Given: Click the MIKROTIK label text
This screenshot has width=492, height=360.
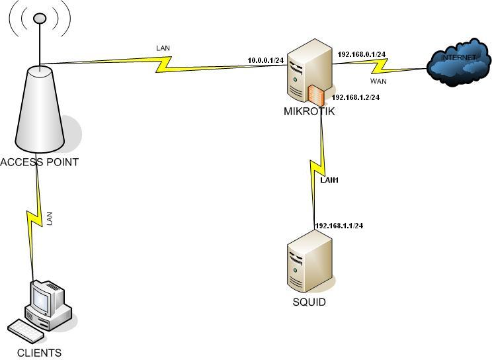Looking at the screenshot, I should pos(309,111).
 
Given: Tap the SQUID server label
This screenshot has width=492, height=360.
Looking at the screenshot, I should pos(309,302).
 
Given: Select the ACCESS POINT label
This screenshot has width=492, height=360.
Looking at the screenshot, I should pos(40,162).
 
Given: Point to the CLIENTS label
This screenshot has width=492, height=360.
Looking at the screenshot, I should pos(39,353).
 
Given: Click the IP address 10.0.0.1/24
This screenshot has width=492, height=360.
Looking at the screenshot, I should pos(265,60).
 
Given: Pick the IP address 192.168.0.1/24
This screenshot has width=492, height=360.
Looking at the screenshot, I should pos(362,54).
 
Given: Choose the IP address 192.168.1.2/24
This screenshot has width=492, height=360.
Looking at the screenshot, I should pos(356,97).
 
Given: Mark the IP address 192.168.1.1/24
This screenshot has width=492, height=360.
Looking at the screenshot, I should pos(339,226).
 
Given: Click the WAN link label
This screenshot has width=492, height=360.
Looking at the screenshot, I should pos(378,81).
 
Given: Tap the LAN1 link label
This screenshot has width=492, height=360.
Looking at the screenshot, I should pos(329,180).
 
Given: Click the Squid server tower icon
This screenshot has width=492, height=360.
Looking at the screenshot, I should pos(309,265).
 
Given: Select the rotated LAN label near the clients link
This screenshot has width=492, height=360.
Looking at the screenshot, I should pos(50,219).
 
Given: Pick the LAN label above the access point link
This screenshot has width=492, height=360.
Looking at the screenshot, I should pos(163,48).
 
